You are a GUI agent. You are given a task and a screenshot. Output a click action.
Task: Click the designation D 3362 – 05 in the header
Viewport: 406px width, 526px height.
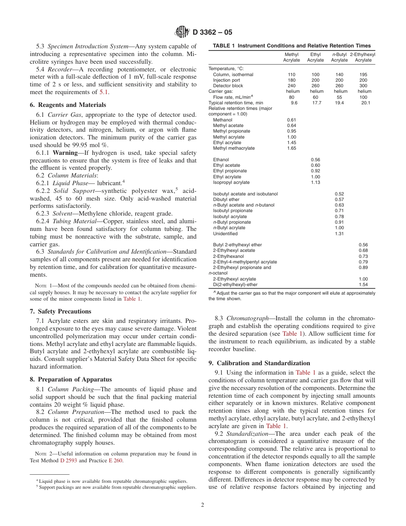point(212,32)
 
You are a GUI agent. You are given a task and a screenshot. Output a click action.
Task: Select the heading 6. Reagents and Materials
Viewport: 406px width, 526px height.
point(68,105)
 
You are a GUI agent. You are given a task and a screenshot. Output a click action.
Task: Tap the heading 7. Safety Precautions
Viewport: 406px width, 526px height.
point(60,311)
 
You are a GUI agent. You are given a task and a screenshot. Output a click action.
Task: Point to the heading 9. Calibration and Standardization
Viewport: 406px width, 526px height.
point(259,363)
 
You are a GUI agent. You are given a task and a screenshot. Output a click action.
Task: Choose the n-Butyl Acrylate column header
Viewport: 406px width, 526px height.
point(340,57)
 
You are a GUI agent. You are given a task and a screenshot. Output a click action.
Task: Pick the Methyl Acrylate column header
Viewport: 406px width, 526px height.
point(291,57)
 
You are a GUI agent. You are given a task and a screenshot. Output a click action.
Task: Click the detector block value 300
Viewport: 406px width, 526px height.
point(363,86)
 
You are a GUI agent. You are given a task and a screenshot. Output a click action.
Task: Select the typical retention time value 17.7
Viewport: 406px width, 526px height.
point(316,103)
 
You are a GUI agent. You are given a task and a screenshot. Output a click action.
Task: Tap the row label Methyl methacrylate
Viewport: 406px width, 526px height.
point(234,148)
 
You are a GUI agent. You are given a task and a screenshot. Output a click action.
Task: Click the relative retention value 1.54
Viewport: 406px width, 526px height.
point(363,284)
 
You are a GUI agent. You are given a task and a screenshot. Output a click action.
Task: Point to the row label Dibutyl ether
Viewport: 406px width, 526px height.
point(226,199)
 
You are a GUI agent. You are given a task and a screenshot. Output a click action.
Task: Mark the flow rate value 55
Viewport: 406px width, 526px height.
point(340,97)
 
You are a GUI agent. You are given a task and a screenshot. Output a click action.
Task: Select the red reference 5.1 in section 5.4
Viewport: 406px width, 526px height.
point(104,92)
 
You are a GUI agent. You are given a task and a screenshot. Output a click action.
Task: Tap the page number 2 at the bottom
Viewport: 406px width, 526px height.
point(203,505)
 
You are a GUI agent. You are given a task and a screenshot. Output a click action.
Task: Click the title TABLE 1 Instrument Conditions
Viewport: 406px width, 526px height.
point(292,46)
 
